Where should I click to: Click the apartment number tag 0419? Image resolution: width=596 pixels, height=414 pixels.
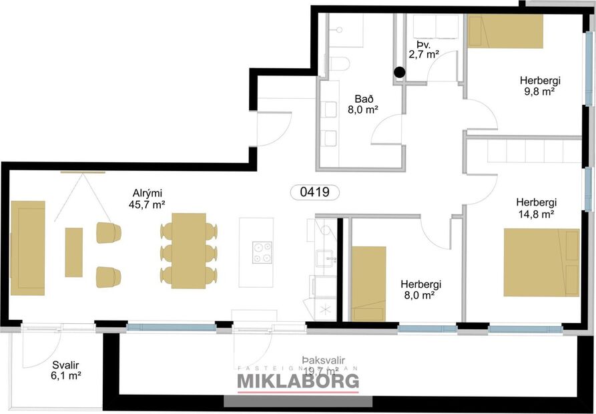coord(315,192)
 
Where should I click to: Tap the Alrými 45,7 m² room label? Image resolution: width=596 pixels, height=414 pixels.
coord(149,200)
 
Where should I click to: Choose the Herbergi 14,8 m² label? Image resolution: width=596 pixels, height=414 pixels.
coord(536,208)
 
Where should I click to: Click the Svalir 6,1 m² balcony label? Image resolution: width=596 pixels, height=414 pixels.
coord(66,371)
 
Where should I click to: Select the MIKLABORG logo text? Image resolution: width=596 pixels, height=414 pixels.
coord(298,381)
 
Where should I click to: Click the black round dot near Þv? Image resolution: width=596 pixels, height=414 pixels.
coord(399,72)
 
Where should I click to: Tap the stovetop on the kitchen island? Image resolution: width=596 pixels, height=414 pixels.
coord(262,252)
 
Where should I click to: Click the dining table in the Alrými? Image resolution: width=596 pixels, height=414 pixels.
coord(189,250)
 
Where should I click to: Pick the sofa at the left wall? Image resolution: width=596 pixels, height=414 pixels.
coord(28,248)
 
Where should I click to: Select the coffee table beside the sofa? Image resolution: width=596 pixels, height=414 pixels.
coord(73,252)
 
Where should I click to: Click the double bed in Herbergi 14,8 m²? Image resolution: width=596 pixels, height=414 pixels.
coord(541,262)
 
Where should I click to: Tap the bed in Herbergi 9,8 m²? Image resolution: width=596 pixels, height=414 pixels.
coord(505,31)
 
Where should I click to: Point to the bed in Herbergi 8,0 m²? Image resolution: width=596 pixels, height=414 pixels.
coord(368,283)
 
